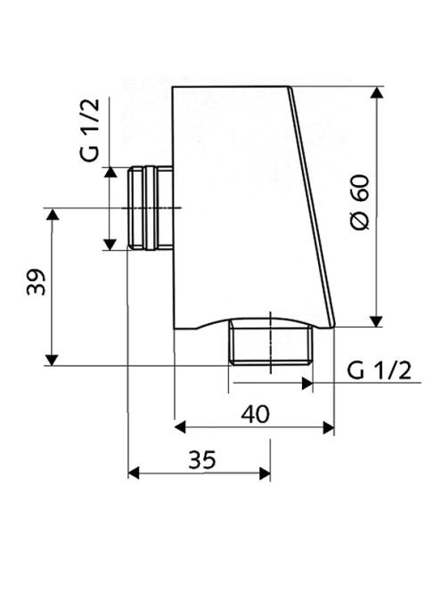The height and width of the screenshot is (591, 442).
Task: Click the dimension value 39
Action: (x=37, y=281)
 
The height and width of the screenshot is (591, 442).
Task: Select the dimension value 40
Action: (x=255, y=414)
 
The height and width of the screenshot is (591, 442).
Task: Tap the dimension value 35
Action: (x=202, y=459)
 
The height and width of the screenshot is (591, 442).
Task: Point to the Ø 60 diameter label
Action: (x=360, y=202)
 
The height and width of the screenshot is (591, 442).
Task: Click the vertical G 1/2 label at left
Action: (x=91, y=130)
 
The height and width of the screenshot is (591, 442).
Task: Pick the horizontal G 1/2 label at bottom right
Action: (x=379, y=370)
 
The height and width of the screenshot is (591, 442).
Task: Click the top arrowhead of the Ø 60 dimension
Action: (x=376, y=93)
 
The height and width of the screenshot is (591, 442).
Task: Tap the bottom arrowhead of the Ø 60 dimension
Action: (x=376, y=321)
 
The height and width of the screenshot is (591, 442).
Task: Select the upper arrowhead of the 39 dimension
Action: (x=52, y=215)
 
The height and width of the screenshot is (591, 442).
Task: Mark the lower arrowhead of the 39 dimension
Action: (x=52, y=360)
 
